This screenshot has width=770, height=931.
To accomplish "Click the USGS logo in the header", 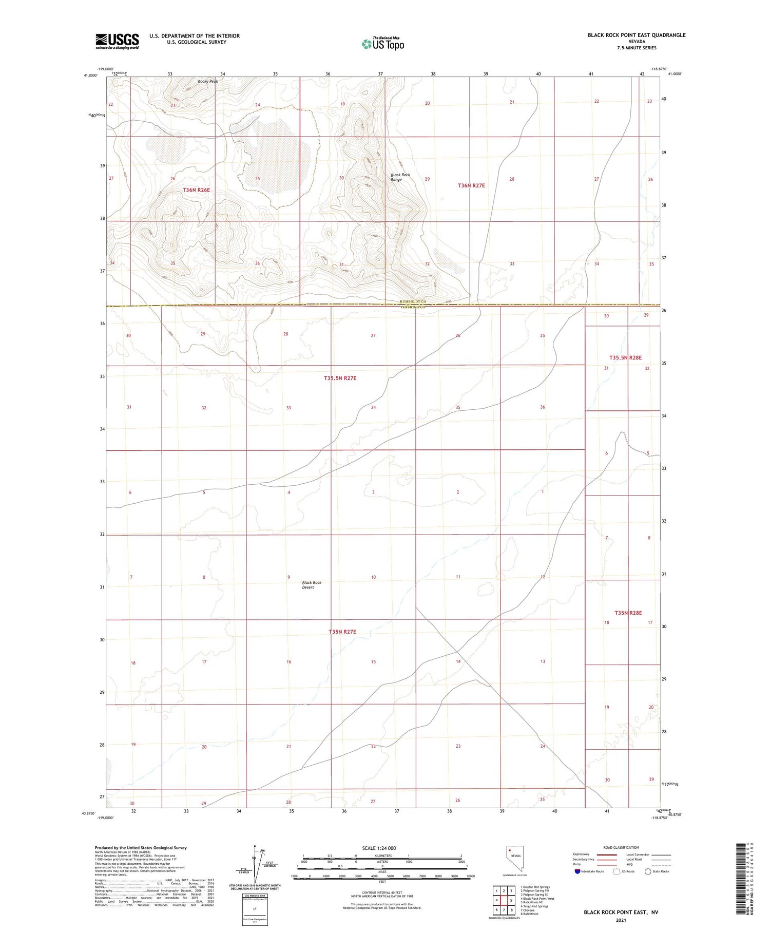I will (x=117, y=41).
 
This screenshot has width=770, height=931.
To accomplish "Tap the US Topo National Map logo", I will (x=382, y=44).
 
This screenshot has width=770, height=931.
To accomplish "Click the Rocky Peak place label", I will (x=208, y=81).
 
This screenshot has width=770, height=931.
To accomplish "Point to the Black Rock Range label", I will (x=400, y=177).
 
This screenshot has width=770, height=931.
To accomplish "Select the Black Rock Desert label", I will (x=312, y=585).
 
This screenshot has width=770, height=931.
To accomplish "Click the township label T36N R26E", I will (x=197, y=190).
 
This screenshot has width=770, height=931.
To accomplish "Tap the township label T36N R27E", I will (x=471, y=185).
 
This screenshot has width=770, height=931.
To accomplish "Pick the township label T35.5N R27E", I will (x=340, y=378).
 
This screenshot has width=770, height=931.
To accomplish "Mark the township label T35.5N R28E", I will (x=625, y=357).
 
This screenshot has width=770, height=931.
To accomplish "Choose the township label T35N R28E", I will (x=628, y=613).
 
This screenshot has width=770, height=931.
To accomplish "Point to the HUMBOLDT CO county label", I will (x=413, y=302).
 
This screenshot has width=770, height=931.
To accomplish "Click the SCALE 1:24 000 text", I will (x=382, y=848).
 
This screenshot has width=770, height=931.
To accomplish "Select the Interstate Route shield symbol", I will (x=577, y=871).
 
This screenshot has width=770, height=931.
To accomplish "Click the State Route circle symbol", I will (x=648, y=871).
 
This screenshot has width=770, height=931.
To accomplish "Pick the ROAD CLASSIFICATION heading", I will (x=621, y=847).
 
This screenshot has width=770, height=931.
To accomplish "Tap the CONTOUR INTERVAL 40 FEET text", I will (x=382, y=892).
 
